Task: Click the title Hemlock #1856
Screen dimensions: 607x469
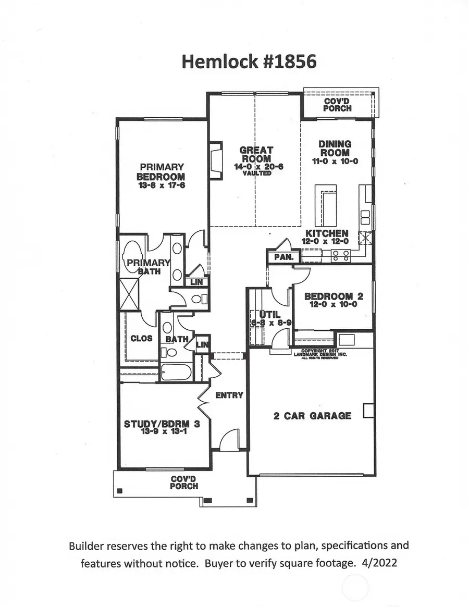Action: click(x=249, y=61)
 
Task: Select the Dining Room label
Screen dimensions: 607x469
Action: click(x=335, y=148)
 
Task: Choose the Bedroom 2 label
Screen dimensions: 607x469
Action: click(x=334, y=296)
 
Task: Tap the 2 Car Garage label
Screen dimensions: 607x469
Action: click(x=312, y=416)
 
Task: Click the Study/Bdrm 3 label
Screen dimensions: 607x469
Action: click(x=161, y=424)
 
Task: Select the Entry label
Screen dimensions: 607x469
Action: click(x=229, y=395)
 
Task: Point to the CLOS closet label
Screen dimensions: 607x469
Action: click(x=141, y=338)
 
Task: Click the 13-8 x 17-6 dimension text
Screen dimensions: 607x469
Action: click(x=161, y=185)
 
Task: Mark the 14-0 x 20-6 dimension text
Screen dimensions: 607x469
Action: click(x=255, y=167)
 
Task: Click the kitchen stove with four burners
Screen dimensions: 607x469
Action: click(x=341, y=255)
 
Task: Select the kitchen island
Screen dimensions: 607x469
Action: click(x=326, y=205)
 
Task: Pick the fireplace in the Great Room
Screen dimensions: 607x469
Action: click(x=215, y=161)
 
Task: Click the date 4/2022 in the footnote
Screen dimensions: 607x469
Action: click(x=384, y=563)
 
